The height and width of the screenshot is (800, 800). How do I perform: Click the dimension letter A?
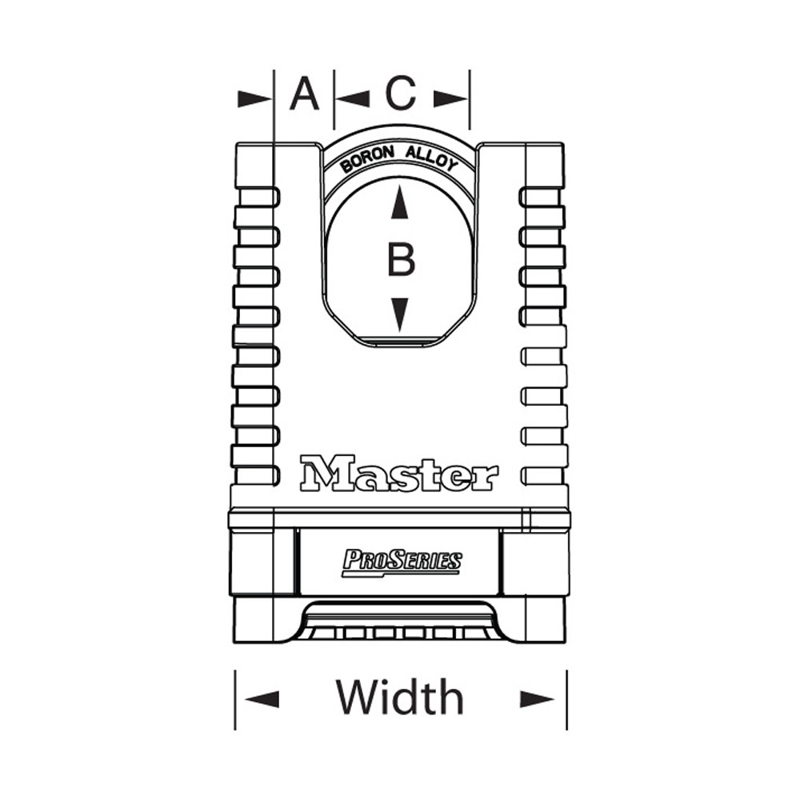coord(304,94)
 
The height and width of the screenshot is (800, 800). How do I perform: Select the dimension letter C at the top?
coord(401,94)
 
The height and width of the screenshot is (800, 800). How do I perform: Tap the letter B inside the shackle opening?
coord(401,260)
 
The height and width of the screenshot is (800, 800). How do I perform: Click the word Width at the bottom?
coord(399,697)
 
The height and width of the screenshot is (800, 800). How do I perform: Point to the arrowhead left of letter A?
coord(255,98)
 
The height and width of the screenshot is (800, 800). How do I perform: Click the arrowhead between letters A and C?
coord(351,98)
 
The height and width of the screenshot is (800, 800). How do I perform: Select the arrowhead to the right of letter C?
coord(450,98)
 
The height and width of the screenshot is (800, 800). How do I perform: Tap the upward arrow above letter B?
coord(401,205)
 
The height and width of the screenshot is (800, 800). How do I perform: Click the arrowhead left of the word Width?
coord(262,699)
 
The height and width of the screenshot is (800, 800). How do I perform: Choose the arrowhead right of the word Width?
coord(537,699)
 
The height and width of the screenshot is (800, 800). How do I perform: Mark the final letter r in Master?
coord(485,478)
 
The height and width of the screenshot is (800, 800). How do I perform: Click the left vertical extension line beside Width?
coord(235,699)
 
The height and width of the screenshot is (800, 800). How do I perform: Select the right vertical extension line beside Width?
coord(566,699)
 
